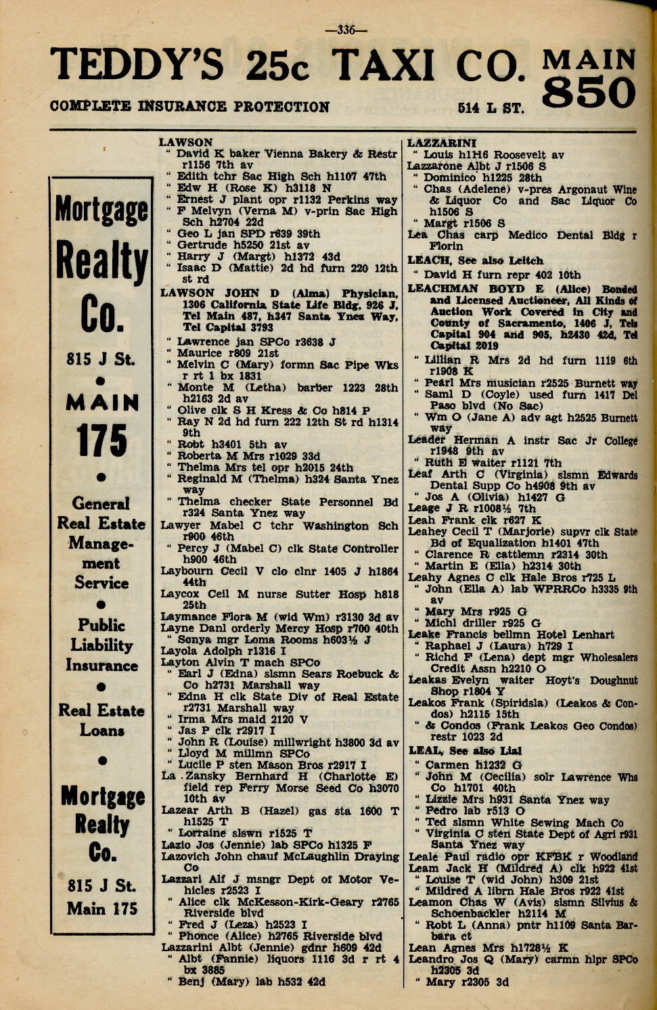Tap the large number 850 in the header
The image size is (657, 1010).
point(589,93)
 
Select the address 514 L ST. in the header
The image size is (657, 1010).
point(491,108)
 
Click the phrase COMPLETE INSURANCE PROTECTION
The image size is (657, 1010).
point(189,107)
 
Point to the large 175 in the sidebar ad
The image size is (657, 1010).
point(101,441)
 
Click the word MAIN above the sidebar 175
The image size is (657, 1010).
point(101,403)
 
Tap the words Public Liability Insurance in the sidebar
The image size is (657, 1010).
point(101,645)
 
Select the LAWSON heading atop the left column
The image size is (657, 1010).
point(186,143)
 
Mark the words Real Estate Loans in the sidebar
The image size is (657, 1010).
point(101,720)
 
